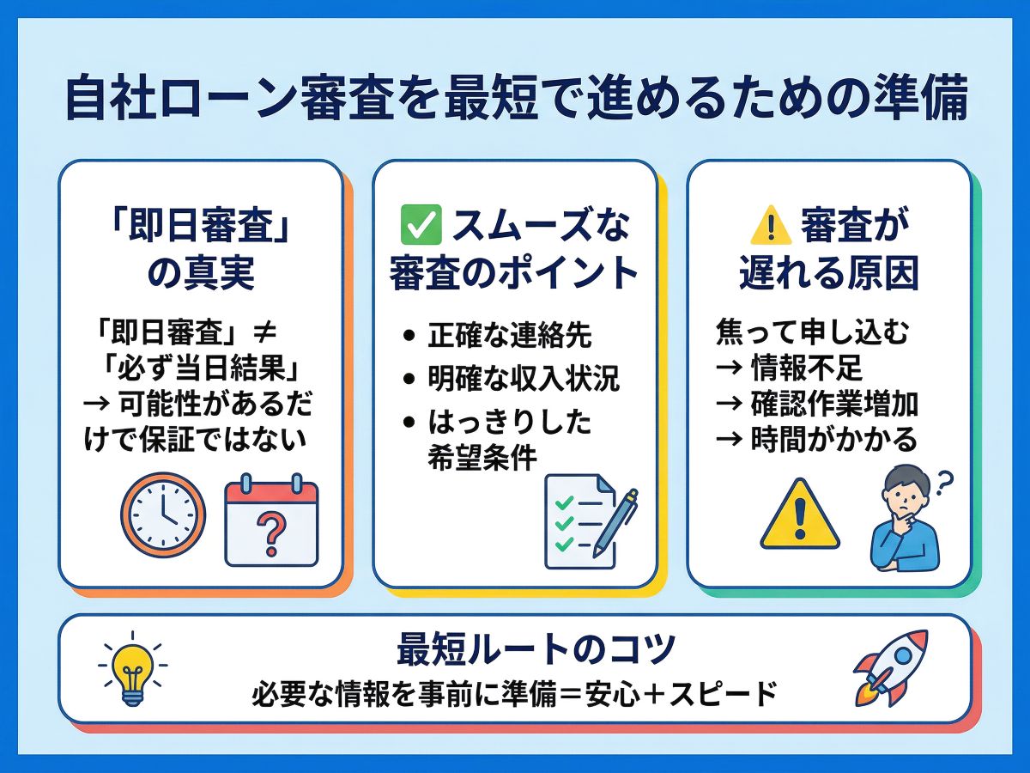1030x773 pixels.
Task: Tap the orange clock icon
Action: pos(163,514)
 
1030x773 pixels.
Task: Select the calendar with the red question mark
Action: pos(272,520)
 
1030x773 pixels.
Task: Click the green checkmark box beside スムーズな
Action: pos(421,225)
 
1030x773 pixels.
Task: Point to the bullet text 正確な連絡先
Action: pos(510,335)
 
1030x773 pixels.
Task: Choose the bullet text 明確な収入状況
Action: pos(524,377)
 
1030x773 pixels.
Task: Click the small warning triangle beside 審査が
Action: pos(771,225)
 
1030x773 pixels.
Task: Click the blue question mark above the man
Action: pos(944,484)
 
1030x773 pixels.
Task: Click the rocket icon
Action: pos(890,668)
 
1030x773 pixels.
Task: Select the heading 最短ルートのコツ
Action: pos(536,649)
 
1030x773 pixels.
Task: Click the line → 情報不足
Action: pos(789,368)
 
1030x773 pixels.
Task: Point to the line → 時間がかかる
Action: pos(816,440)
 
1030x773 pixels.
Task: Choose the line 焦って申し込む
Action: pos(812,332)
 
